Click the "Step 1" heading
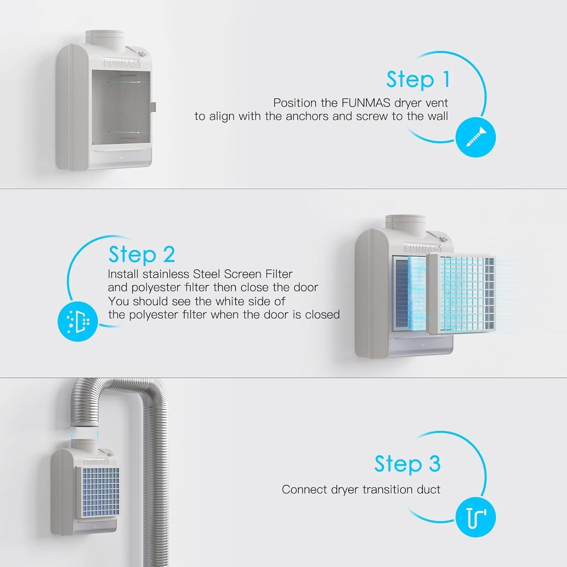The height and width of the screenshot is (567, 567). (x=418, y=80)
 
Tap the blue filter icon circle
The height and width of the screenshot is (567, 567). (x=77, y=322)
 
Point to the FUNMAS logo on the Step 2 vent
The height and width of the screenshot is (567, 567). (x=422, y=248)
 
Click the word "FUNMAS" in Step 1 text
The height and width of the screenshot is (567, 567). (x=366, y=103)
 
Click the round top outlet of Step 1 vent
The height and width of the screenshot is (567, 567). (x=105, y=38)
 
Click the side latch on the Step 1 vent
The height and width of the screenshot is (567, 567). (x=153, y=107)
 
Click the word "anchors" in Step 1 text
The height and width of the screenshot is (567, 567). (x=307, y=116)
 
